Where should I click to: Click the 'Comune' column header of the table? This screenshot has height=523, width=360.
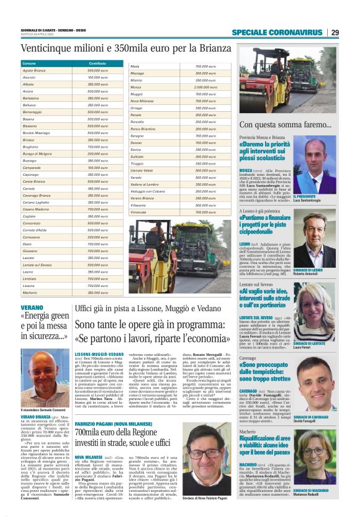click(x=29, y=64)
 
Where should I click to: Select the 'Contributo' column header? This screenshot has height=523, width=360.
click(x=97, y=64)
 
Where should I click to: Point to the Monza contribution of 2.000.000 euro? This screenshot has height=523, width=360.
click(x=205, y=87)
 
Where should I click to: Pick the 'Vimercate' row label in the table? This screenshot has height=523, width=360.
click(x=141, y=212)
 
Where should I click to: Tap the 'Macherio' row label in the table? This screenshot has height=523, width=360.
click(x=30, y=292)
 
